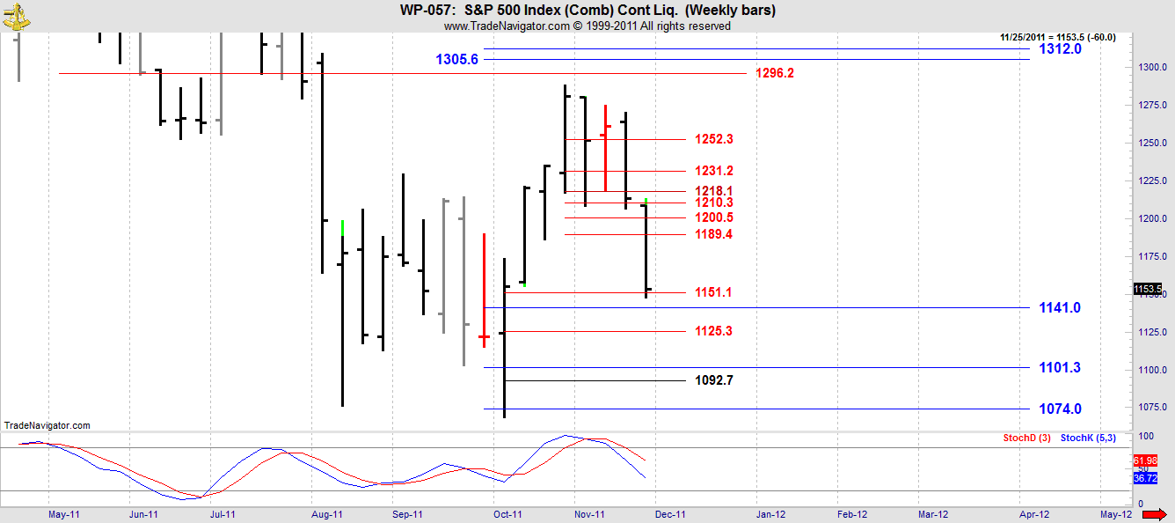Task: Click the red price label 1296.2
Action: (x=774, y=73)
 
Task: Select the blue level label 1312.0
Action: (x=1060, y=49)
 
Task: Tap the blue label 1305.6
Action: (x=456, y=60)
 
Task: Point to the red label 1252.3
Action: (x=713, y=139)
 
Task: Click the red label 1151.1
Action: (x=713, y=292)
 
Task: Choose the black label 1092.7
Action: (x=713, y=380)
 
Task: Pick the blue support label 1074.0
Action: (x=1060, y=409)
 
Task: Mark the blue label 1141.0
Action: (x=1060, y=307)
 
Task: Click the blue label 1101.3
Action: (x=1060, y=367)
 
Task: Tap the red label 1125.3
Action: (x=713, y=331)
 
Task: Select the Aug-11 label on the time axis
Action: (x=326, y=514)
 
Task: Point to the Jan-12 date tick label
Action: (x=771, y=514)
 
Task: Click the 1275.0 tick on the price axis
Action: (x=1152, y=106)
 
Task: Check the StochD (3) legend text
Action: (x=1026, y=438)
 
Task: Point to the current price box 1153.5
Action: (x=1147, y=289)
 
